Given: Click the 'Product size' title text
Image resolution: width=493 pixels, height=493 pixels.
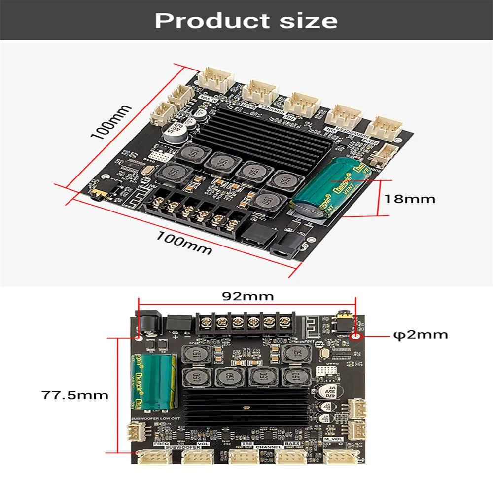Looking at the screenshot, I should pyautogui.click(x=246, y=21).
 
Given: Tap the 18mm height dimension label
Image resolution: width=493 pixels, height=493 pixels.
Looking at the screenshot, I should pyautogui.click(x=410, y=199).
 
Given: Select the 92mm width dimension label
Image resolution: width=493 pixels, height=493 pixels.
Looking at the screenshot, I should pyautogui.click(x=247, y=296).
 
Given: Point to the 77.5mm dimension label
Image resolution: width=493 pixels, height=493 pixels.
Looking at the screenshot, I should pyautogui.click(x=75, y=395).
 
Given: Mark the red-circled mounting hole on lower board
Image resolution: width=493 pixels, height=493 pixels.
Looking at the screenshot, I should pyautogui.click(x=356, y=337).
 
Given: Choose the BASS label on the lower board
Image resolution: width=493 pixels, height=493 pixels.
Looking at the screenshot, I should pyautogui.click(x=292, y=444).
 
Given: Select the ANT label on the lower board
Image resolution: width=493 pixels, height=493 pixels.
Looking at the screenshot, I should pyautogui.click(x=310, y=340).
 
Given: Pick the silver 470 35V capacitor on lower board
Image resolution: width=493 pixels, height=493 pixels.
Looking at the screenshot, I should pyautogui.click(x=326, y=392).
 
